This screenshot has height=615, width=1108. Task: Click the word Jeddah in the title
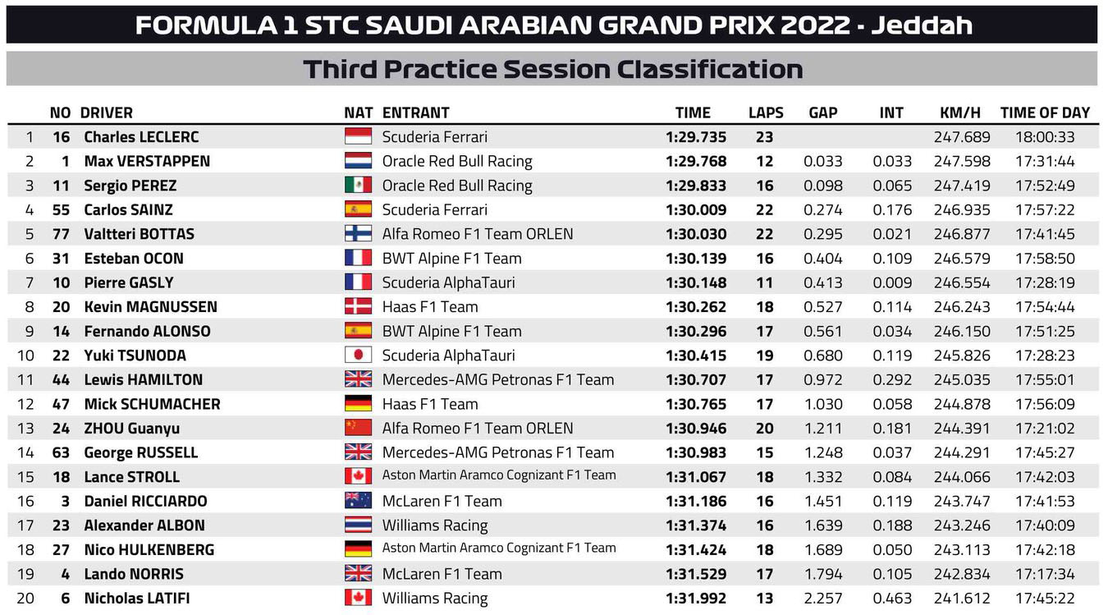pyautogui.click(x=922, y=25)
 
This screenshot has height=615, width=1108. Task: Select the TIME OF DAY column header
pyautogui.click(x=1045, y=112)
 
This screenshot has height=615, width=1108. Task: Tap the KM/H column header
pyautogui.click(x=959, y=112)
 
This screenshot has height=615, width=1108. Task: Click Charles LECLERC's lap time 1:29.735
pyautogui.click(x=696, y=137)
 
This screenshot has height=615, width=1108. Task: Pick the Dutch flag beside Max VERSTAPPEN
pyautogui.click(x=358, y=161)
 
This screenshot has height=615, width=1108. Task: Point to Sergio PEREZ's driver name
pyautogui.click(x=130, y=186)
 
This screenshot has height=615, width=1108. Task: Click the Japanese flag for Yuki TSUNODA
pyautogui.click(x=358, y=356)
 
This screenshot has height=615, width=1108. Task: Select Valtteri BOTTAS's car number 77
pyautogui.click(x=62, y=234)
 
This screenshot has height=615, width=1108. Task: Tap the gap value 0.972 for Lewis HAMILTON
pyautogui.click(x=823, y=380)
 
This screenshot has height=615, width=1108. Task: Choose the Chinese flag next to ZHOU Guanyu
pyautogui.click(x=358, y=429)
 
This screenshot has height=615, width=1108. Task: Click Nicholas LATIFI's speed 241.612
pyautogui.click(x=962, y=599)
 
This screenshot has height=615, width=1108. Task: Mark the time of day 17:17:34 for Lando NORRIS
pyautogui.click(x=1045, y=574)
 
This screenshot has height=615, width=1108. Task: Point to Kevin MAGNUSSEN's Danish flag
pyautogui.click(x=358, y=307)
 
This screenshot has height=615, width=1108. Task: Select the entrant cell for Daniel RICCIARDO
pyautogui.click(x=442, y=501)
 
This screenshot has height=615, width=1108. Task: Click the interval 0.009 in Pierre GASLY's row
pyautogui.click(x=892, y=282)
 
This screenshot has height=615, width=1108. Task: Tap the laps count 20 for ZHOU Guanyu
pyautogui.click(x=765, y=429)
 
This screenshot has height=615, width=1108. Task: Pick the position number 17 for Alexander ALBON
pyautogui.click(x=25, y=526)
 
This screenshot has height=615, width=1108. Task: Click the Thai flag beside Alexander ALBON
pyautogui.click(x=358, y=526)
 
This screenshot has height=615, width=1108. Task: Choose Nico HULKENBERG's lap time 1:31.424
pyautogui.click(x=696, y=549)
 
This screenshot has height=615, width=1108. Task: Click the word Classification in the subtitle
pyautogui.click(x=710, y=69)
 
